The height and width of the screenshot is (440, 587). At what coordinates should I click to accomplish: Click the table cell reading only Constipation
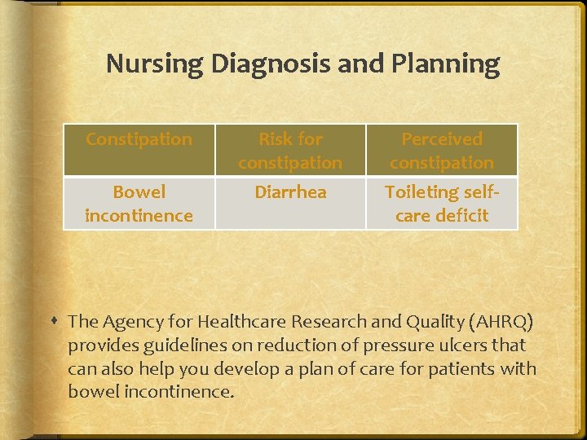(139, 139)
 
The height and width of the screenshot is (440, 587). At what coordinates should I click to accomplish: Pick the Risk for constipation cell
(290, 151)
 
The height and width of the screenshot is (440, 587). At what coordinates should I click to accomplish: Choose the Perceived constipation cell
(442, 151)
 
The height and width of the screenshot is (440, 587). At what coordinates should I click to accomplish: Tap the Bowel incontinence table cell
(139, 204)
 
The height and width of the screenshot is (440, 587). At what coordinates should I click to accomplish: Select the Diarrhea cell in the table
(290, 192)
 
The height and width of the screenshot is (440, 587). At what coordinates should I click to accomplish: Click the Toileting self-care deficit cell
(442, 204)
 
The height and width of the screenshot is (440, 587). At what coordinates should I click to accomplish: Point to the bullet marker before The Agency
(54, 323)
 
